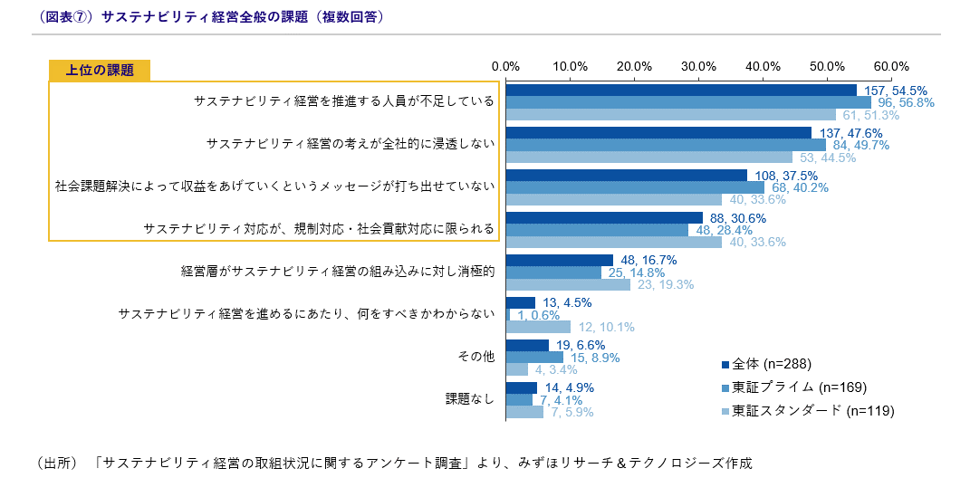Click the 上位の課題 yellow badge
coord(100,71)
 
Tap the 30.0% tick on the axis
coord(698,66)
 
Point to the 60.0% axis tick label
coord(892,66)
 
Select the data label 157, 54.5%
coord(894,91)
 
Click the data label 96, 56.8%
coord(903,103)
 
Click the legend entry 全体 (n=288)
coord(771,365)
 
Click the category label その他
coord(477,357)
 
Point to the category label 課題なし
coord(471,399)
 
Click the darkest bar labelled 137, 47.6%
coord(658,133)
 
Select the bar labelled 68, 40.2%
coord(635,187)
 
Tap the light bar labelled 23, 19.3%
coord(568,284)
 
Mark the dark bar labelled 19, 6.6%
coord(527,345)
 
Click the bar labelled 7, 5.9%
coord(524,412)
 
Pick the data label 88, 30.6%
coord(737,218)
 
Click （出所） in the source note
coord(59,463)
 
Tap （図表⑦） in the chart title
coord(64,17)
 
